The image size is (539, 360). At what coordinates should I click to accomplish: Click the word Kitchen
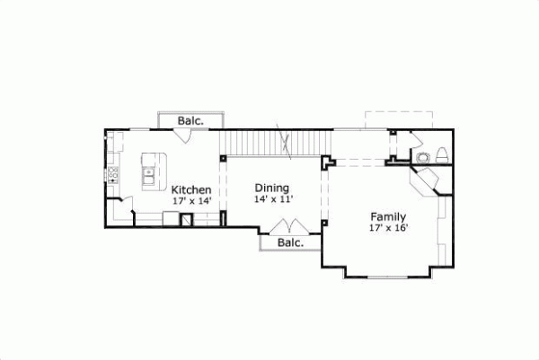191,189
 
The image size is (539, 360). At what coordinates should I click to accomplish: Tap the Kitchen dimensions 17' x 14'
191,201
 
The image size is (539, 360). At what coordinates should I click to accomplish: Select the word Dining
271,188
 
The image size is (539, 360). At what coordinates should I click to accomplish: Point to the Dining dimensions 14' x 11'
272,199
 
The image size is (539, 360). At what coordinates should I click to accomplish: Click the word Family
388,216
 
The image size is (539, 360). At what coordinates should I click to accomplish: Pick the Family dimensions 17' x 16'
388,228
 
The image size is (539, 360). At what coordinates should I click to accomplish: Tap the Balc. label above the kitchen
190,119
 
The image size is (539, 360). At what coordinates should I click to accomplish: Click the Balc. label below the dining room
289,242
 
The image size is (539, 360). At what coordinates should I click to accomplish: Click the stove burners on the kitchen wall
113,174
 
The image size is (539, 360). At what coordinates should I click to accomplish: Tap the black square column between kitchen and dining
223,159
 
